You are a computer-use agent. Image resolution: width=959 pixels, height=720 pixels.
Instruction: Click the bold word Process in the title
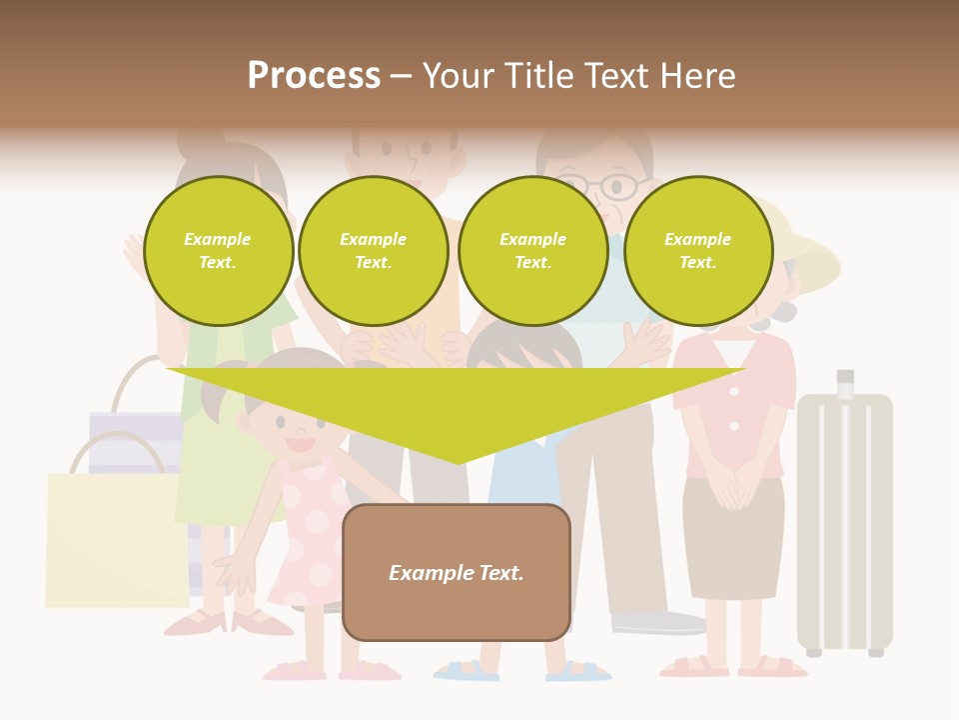(x=314, y=75)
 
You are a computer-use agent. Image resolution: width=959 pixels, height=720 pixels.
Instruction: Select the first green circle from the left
(x=218, y=250)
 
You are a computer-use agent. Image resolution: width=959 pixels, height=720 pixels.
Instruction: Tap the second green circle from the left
(x=374, y=250)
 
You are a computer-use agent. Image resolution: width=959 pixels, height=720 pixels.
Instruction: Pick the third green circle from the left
(x=533, y=250)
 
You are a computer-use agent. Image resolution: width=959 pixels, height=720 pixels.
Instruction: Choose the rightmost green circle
(x=698, y=250)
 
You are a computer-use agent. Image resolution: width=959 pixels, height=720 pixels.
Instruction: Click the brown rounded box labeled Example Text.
(x=457, y=572)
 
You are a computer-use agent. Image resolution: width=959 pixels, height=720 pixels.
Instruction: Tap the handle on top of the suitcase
(x=845, y=383)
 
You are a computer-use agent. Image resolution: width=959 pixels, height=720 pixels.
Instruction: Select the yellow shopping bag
(x=115, y=540)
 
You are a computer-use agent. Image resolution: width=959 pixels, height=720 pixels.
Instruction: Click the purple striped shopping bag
(x=135, y=440)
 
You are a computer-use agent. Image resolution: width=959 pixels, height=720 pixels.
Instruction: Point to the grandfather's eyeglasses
(x=607, y=187)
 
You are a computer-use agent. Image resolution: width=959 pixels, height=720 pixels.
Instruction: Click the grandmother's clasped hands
(x=735, y=490)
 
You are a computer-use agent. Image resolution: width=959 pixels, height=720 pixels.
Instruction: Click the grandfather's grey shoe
(x=659, y=623)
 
